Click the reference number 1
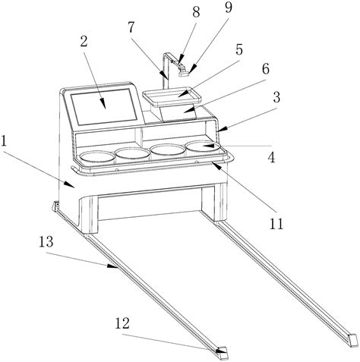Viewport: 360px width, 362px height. click(x=4, y=141)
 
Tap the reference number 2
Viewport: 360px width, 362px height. click(x=84, y=41)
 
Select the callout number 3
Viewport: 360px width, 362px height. click(x=276, y=97)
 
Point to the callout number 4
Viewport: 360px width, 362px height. click(x=271, y=157)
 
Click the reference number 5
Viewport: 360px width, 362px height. click(x=239, y=49)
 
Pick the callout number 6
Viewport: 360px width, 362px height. click(x=266, y=68)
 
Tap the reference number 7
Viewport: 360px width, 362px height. click(x=131, y=27)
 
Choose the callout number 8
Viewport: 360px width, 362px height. click(x=196, y=12)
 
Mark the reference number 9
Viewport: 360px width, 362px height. click(x=228, y=8)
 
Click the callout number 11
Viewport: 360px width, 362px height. click(x=276, y=224)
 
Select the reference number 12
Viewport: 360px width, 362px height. click(x=122, y=323)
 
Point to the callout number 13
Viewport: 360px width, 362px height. click(x=46, y=241)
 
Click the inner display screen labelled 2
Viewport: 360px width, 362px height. click(x=104, y=106)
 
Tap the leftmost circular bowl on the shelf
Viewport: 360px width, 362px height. click(x=97, y=157)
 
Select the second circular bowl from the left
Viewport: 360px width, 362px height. click(x=132, y=153)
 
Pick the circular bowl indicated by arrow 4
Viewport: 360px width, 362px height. click(x=204, y=147)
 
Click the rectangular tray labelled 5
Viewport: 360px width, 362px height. click(x=172, y=96)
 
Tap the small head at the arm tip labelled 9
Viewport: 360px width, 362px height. click(x=183, y=74)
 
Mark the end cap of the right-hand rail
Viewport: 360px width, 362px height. click(x=353, y=340)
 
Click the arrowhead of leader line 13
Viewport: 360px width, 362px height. click(x=112, y=266)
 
